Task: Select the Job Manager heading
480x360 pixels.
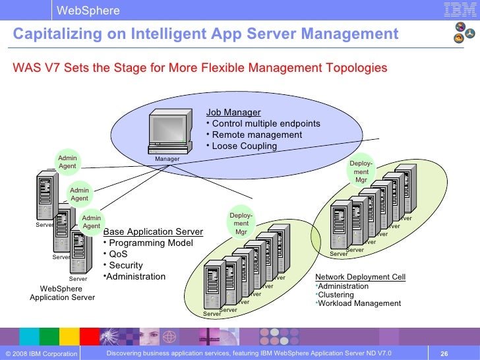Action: point(233,113)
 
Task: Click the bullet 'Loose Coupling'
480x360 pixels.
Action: point(244,146)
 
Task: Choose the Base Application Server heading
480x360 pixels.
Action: point(153,232)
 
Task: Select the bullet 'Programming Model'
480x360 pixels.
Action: point(151,243)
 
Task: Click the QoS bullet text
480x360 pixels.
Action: point(118,255)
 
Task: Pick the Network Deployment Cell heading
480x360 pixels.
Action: point(360,277)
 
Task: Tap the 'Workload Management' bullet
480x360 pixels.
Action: point(359,304)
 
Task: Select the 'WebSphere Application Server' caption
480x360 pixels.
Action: point(62,293)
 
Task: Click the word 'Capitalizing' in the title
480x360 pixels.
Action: point(53,34)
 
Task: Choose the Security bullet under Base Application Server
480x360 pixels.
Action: point(125,266)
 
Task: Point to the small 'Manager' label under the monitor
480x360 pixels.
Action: point(167,160)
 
